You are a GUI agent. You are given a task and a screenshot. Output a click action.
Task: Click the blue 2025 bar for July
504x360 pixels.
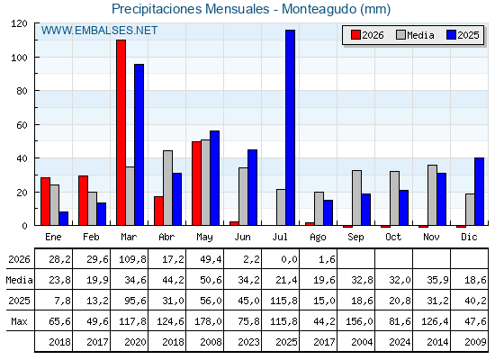coord(290,128)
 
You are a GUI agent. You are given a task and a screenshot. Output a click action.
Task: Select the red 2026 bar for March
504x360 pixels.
coord(121,132)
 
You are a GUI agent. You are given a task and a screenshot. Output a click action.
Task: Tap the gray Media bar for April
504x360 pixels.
coord(167,188)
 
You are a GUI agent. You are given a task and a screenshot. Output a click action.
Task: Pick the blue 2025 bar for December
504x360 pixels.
coord(479,192)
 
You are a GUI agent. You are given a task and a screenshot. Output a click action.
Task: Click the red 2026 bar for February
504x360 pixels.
coord(83,200)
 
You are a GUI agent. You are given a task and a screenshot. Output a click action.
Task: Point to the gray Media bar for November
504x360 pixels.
coord(432,195)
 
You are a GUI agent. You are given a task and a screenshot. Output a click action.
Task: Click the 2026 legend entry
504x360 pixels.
coord(367,35)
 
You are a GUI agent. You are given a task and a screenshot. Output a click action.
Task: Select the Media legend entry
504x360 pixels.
coord(415,35)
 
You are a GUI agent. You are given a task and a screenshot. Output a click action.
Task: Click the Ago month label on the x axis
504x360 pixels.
coord(318,238)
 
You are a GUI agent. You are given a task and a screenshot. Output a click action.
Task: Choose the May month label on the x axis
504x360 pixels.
coord(204,238)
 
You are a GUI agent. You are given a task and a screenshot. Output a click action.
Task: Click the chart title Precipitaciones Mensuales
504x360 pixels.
coord(190,9)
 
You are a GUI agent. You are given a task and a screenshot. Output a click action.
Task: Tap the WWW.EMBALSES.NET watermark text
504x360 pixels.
coord(99,31)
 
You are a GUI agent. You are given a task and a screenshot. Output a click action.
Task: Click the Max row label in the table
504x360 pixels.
coord(19,321)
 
